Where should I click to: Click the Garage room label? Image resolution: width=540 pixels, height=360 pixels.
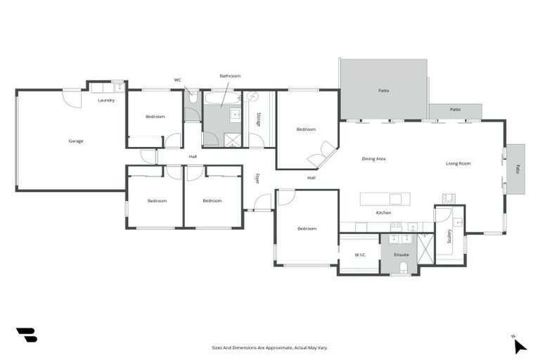tap(76, 141)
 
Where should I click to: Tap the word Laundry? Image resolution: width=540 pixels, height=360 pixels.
tap(106, 101)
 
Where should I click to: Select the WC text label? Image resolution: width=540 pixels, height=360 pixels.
tap(178, 80)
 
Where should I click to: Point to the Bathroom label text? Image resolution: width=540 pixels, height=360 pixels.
tap(230, 76)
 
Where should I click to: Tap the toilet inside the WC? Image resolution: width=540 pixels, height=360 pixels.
tap(192, 98)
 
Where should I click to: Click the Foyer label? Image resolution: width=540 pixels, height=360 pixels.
tap(257, 179)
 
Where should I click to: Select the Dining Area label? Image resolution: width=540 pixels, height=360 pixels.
tap(373, 159)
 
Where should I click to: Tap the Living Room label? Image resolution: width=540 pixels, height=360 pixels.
tap(458, 164)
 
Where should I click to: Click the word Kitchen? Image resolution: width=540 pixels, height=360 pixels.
tap(383, 212)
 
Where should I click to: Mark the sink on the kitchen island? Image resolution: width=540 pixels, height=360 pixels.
tap(395, 199)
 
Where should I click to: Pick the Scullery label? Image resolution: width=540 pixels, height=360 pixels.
tap(449, 236)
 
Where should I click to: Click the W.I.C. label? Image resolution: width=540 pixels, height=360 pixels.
tap(359, 255)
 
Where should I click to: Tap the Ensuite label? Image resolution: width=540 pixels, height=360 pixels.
tap(401, 255)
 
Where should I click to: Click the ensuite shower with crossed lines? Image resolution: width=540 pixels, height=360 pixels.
tap(425, 249)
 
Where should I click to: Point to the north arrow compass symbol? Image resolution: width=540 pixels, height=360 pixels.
tap(519, 345)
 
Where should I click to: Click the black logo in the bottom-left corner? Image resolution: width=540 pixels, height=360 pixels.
tap(26, 335)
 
